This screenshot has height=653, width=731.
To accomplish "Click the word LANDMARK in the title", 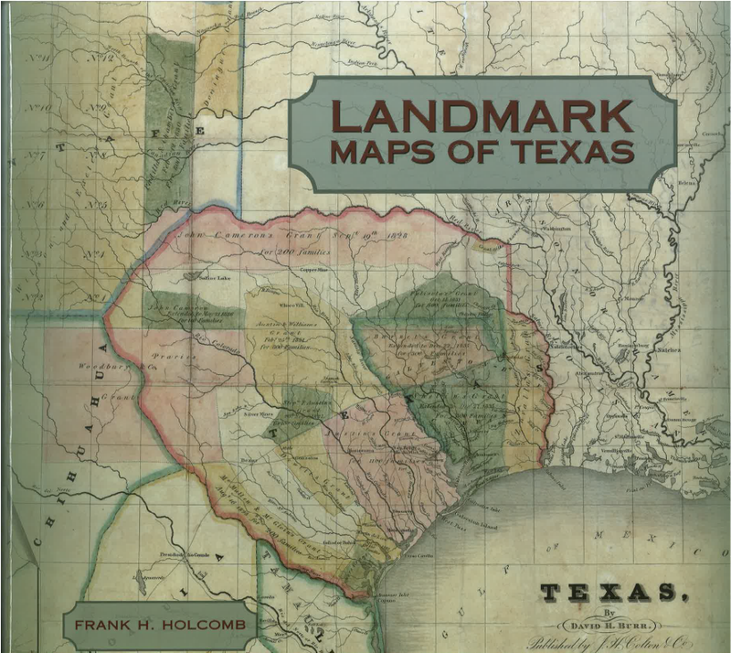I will pos(482,116).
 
